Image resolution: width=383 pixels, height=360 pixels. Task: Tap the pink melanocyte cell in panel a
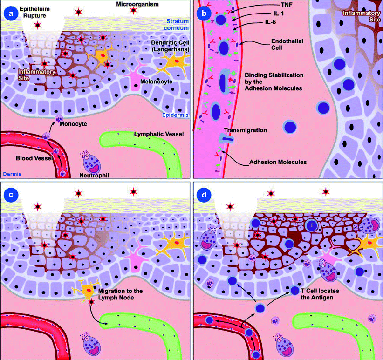click(x=135, y=77)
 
